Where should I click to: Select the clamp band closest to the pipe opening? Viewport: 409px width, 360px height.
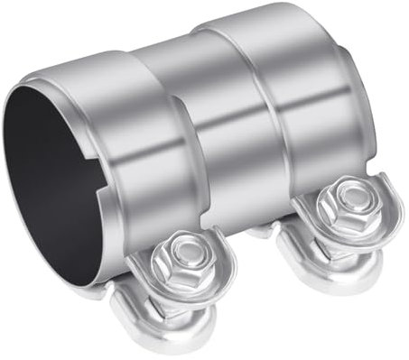135,144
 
